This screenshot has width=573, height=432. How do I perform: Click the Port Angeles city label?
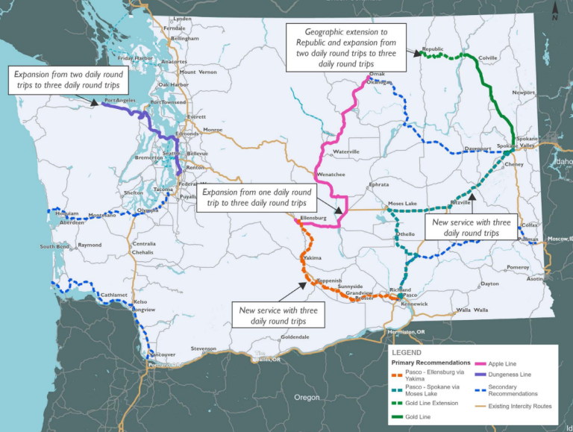pos(119,99)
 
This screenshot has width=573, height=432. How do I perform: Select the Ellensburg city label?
pos(313,219)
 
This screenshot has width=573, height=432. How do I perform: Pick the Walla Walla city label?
pos(472,309)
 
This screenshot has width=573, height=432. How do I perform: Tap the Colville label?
pos(488,57)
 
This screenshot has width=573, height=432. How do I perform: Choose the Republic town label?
pos(433,49)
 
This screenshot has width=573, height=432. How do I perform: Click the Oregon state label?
pos(306,398)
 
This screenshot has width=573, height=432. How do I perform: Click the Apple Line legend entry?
pos(503,363)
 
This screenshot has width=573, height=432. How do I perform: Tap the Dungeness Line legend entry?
pos(510,374)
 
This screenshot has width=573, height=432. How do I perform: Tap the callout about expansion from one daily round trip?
pos(256,197)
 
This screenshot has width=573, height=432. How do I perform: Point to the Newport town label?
pos(524,93)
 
